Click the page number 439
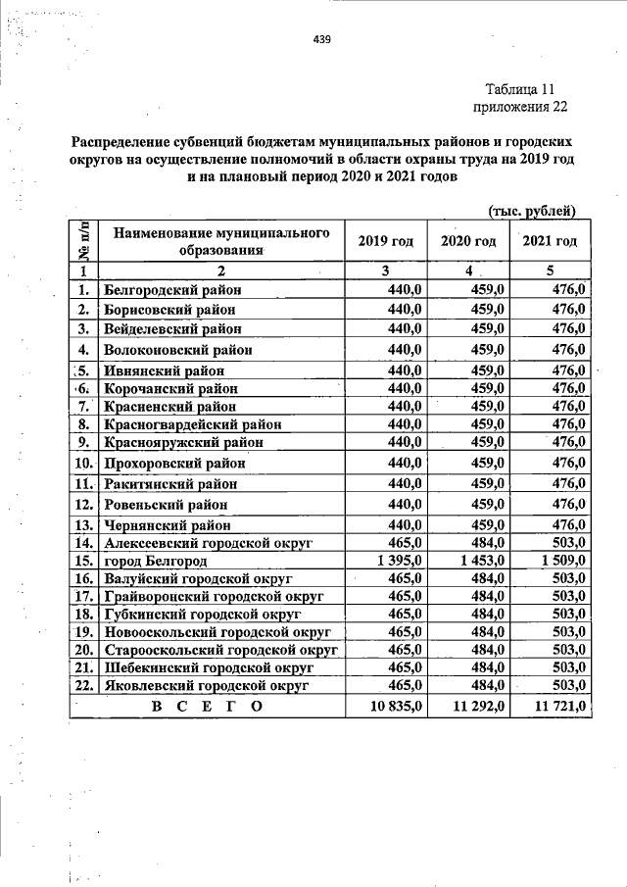point(321,39)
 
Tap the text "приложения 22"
point(520,107)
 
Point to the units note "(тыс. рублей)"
point(531,211)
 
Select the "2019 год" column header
point(385,241)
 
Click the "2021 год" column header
point(550,241)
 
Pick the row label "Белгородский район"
point(172,290)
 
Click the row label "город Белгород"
point(156,561)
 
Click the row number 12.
point(83,504)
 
